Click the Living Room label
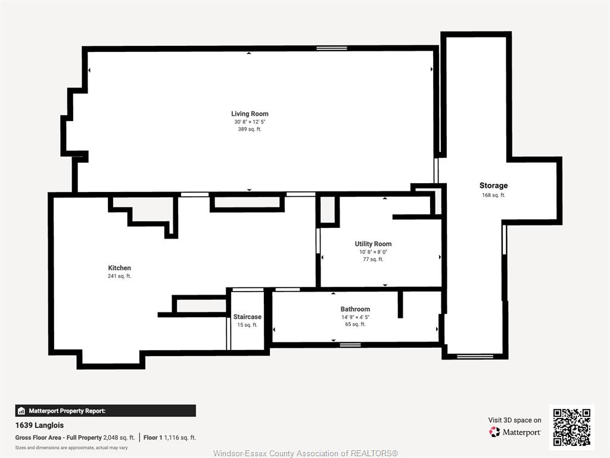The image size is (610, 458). [x=250, y=114]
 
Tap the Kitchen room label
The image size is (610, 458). [x=119, y=268]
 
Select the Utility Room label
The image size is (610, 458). [x=373, y=244]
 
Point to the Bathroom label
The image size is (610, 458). [x=355, y=310]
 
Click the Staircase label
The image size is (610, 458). [x=247, y=317]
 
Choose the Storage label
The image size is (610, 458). [x=493, y=185]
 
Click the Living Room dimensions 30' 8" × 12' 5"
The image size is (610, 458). [x=250, y=122]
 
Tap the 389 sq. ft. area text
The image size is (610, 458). [x=250, y=129]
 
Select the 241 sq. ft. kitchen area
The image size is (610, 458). [x=119, y=276]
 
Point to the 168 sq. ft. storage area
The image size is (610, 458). [x=493, y=195]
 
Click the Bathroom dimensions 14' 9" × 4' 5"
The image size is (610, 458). [x=355, y=317]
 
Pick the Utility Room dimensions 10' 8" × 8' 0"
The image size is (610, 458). [x=373, y=252]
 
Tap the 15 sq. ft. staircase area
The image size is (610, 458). [x=247, y=325]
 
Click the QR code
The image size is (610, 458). [x=572, y=427]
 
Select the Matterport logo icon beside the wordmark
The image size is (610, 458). [x=494, y=432]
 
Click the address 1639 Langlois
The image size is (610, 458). [x=39, y=425]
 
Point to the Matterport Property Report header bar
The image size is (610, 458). [x=105, y=411]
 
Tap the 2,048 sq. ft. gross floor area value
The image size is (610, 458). [x=119, y=437]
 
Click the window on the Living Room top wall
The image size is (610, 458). [x=331, y=48]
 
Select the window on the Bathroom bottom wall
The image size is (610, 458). [x=350, y=345]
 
